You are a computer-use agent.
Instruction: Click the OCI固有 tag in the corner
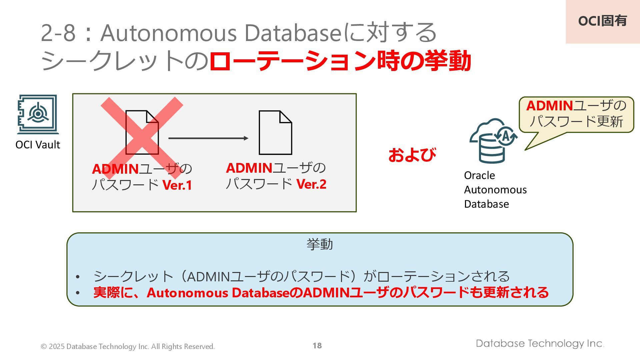[602, 21]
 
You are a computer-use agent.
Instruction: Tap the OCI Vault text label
[38, 145]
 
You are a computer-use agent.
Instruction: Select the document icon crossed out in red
[142, 132]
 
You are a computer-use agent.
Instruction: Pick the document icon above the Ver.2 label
[275, 132]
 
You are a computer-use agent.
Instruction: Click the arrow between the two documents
[208, 138]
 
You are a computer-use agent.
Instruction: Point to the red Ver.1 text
[177, 185]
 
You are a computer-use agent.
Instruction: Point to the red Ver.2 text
[311, 184]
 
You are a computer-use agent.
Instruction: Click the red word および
[412, 155]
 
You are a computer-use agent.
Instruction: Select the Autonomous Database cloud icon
[493, 140]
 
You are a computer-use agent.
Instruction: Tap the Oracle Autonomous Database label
[495, 189]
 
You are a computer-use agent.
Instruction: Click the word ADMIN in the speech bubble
[549, 106]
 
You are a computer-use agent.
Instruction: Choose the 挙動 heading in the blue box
[320, 244]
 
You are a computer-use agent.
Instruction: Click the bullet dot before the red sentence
[78, 293]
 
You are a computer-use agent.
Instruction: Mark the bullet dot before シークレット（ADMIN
[78, 277]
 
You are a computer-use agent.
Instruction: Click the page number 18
[317, 346]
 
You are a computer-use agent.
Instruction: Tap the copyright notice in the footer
[128, 346]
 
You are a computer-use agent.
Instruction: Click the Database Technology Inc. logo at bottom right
[540, 343]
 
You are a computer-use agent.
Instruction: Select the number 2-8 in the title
[58, 33]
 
